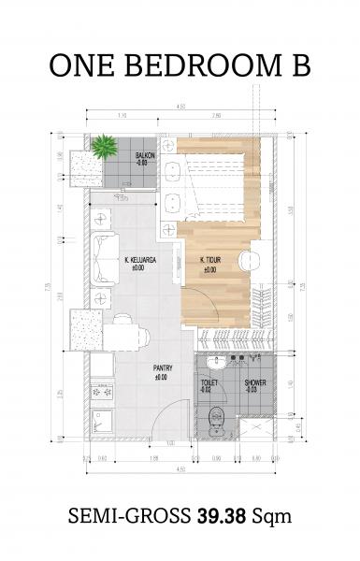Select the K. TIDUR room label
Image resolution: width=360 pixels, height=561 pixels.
coord(209,266)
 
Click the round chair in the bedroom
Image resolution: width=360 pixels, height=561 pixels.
coord(248,260)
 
